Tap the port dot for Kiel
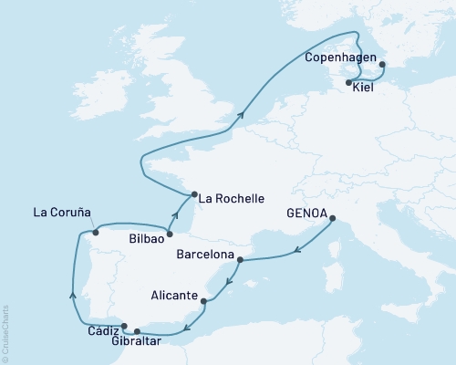pos(349,83)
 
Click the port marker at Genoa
pos(333,218)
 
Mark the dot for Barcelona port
pos(240,260)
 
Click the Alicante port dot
pos(203,301)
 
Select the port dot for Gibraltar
pos(137,331)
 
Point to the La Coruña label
pos(62,213)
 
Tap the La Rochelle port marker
pos(192,193)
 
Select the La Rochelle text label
pos(232,198)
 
